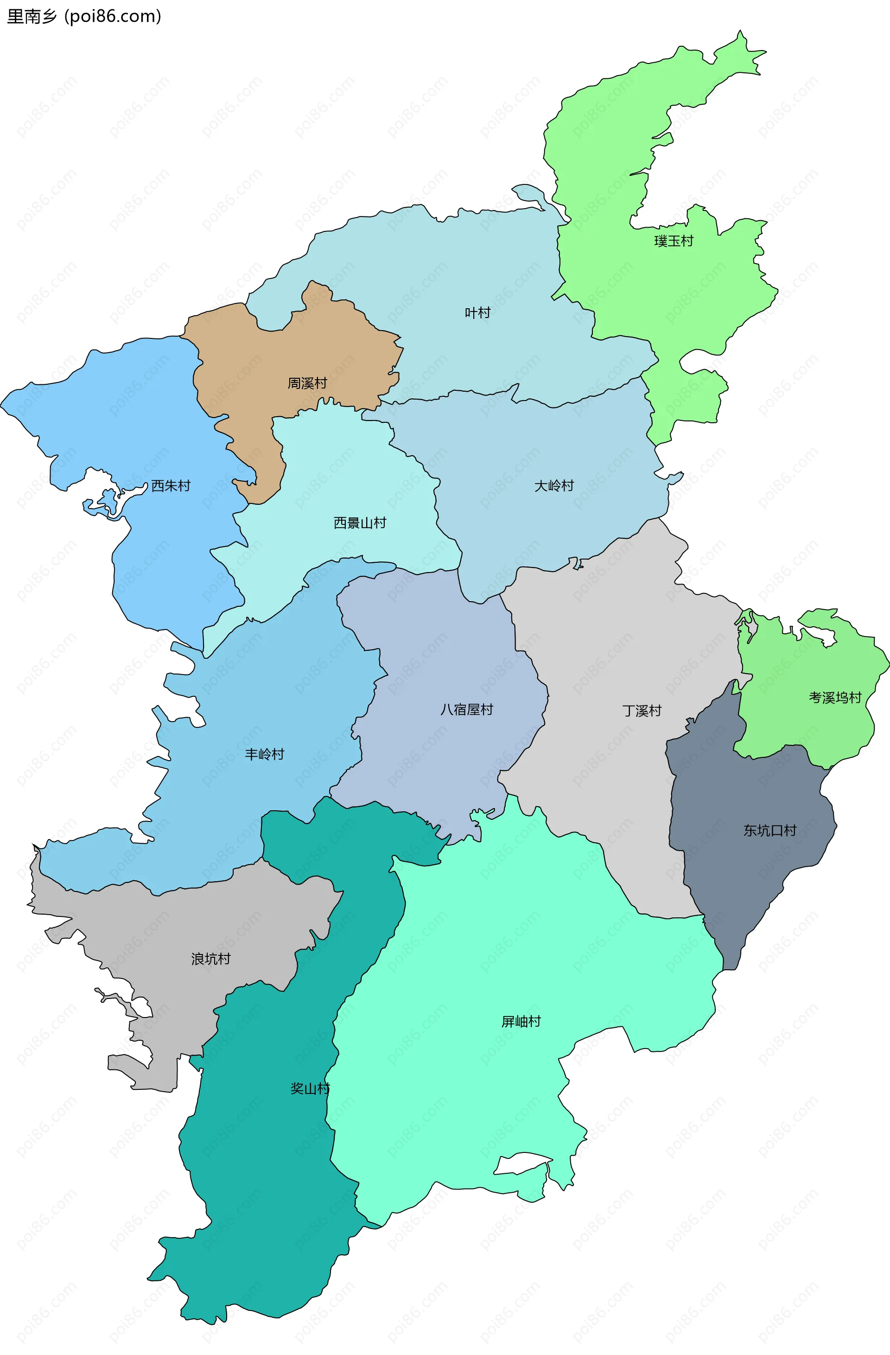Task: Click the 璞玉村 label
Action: pyautogui.click(x=674, y=242)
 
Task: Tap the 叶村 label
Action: pyautogui.click(x=477, y=312)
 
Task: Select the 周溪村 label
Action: pyautogui.click(x=307, y=383)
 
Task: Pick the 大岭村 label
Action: pyautogui.click(x=553, y=486)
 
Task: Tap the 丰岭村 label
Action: pyautogui.click(x=264, y=754)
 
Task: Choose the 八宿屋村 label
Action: pyautogui.click(x=466, y=709)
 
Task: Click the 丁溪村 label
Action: pyautogui.click(x=642, y=711)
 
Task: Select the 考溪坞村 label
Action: pyautogui.click(x=835, y=697)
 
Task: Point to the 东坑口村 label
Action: pyautogui.click(x=769, y=830)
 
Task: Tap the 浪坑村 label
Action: pyautogui.click(x=211, y=959)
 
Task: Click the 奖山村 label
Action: pyautogui.click(x=310, y=1088)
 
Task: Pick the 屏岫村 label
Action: pyautogui.click(x=521, y=1021)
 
